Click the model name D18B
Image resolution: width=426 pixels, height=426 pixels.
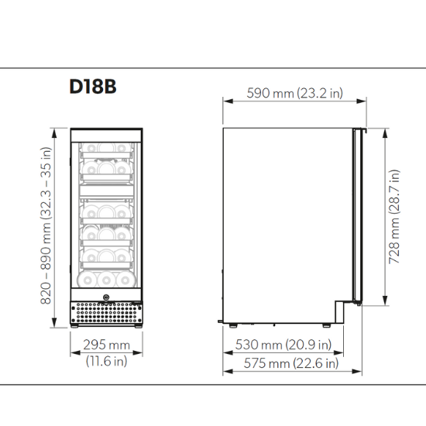coord(93,86)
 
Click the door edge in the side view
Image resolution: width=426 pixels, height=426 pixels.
coord(357,217)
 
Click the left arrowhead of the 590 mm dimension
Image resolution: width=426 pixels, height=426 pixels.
coord(225,100)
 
